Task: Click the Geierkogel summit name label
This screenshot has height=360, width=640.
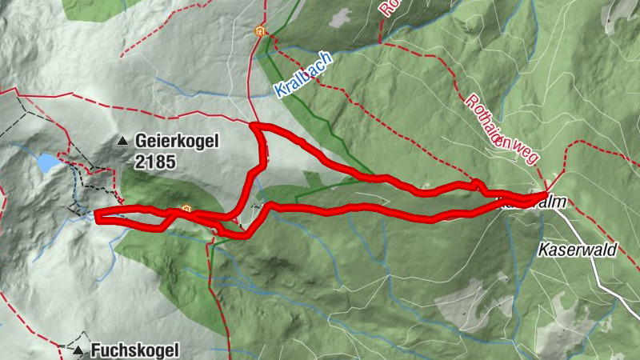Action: click(x=176, y=142)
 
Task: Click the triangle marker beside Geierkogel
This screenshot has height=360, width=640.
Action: click(x=122, y=142)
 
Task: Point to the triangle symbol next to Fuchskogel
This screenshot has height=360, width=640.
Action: click(x=78, y=350)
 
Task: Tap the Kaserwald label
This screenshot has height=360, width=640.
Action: click(x=578, y=250)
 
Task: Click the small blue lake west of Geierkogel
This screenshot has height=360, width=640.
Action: click(x=46, y=163)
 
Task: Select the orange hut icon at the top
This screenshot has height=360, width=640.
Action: click(x=258, y=31)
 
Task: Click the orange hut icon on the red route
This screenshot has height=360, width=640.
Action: click(x=186, y=210)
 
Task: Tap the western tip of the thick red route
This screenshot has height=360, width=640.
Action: click(x=97, y=215)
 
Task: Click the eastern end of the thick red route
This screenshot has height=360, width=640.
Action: click(x=546, y=194)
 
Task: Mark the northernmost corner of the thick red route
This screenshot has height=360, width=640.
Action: click(x=254, y=126)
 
